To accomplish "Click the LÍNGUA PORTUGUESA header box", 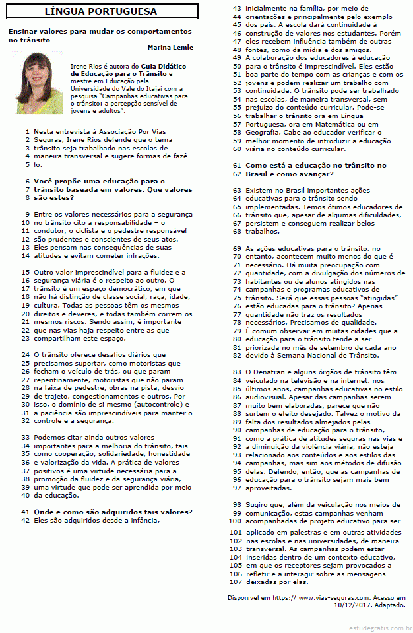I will click(x=100, y=11).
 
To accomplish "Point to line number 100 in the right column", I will click(x=236, y=521).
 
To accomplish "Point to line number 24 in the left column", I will click(x=26, y=354).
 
